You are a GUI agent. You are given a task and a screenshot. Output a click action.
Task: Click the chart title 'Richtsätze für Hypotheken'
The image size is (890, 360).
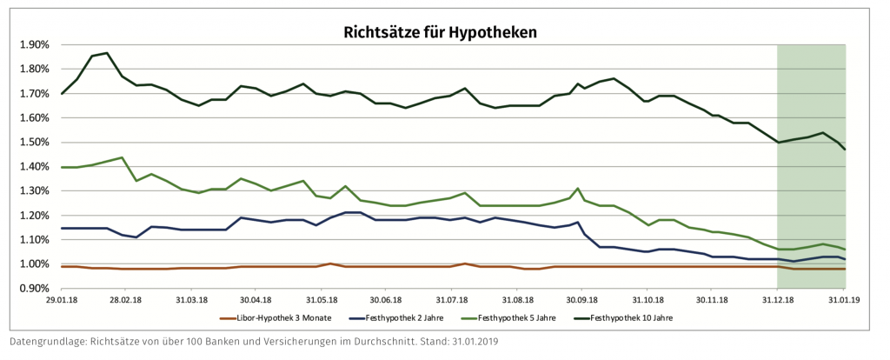(x=441, y=33)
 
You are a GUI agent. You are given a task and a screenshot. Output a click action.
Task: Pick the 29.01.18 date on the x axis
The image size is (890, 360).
(x=61, y=299)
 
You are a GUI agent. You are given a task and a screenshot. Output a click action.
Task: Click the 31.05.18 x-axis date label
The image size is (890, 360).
(x=322, y=299)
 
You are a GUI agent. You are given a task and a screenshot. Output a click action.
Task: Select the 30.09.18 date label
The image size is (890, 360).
(x=581, y=299)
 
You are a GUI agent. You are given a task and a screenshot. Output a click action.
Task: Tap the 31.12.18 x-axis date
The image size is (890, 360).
(x=778, y=299)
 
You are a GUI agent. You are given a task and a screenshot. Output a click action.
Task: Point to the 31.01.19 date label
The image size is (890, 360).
(x=844, y=299)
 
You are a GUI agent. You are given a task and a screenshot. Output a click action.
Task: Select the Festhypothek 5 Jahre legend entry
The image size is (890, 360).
(x=536, y=318)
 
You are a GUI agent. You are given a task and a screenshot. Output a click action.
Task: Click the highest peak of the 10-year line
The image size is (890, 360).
(x=106, y=53)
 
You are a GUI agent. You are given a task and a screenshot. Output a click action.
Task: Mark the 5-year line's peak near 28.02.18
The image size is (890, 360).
(x=123, y=158)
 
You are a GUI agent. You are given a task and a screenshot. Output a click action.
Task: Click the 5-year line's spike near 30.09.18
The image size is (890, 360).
(x=578, y=188)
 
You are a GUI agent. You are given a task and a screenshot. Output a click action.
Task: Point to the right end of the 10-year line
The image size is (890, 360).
(x=845, y=150)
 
